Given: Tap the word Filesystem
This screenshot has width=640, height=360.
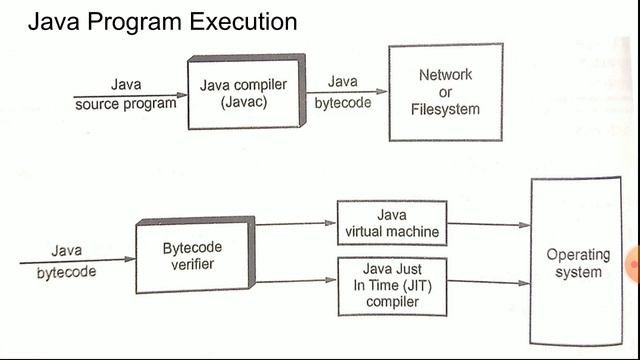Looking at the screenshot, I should [x=445, y=108].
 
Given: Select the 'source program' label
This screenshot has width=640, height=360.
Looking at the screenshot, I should [x=126, y=103].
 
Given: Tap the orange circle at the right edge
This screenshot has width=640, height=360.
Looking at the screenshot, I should [x=633, y=263].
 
